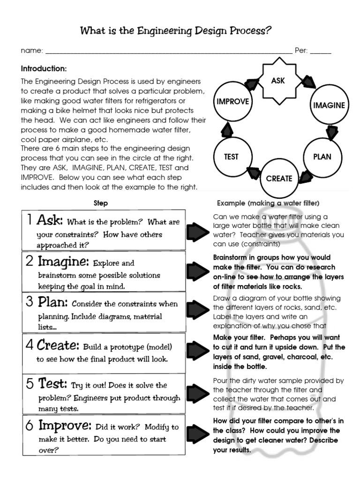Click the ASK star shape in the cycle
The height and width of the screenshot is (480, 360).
pos(278,81)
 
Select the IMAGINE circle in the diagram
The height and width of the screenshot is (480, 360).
pos(329,105)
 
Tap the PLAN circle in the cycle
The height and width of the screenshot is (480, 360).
pos(322,157)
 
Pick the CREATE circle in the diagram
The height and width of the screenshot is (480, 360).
pos(279,178)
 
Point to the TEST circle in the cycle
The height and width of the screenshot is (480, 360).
pos(232,157)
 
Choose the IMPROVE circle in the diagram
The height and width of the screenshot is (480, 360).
pos(233,102)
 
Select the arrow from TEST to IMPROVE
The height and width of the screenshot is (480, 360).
pos(227,128)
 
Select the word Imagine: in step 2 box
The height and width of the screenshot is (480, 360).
pos(63,261)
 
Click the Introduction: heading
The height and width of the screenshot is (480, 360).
pos(44,68)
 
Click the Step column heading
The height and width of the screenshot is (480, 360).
pos(101,203)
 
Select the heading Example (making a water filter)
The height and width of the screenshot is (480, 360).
pos(268,203)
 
